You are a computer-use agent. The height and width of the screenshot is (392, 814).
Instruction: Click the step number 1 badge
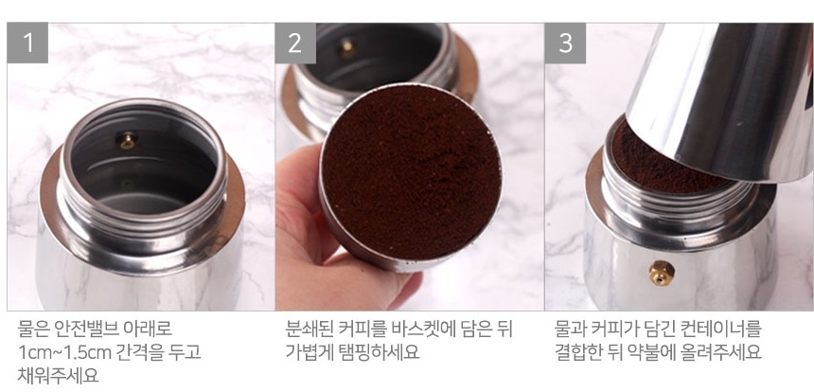coord(27,43)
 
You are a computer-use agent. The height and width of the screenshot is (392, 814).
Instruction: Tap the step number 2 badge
coord(295,44)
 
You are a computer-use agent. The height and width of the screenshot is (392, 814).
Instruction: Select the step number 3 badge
coord(565,44)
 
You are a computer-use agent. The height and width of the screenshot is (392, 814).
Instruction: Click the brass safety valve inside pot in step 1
coord(127,140)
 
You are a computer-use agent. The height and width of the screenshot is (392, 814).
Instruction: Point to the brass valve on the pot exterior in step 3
coord(662,273)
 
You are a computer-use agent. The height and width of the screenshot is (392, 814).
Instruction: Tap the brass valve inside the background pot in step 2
coord(347,48)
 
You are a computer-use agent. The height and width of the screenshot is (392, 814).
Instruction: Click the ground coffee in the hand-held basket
coord(411,171)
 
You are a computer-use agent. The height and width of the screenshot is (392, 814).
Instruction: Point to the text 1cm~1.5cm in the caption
coord(65,352)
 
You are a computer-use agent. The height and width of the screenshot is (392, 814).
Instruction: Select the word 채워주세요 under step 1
coord(58,375)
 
